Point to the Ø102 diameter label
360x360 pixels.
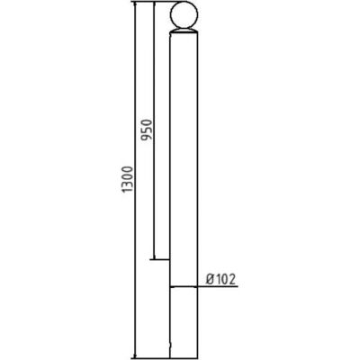pos(220,279)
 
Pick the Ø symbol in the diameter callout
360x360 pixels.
pos(209,279)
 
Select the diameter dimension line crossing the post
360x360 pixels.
pos(183,287)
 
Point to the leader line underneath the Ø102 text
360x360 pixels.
pos(220,287)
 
